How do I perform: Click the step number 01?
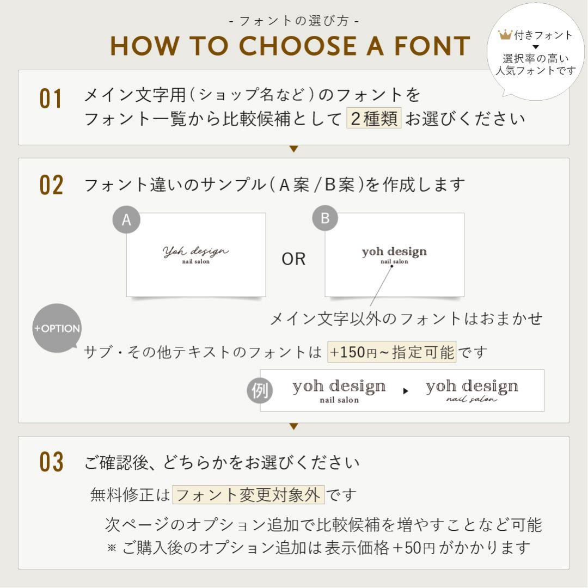(51, 99)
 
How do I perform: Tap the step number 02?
(51, 185)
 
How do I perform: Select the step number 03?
(51, 462)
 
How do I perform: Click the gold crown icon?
(505, 35)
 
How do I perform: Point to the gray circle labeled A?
(126, 219)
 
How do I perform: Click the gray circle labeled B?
(325, 218)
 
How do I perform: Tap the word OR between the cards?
(293, 259)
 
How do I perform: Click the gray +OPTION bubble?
(57, 328)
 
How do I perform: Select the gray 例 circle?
(260, 391)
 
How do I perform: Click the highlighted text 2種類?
(374, 118)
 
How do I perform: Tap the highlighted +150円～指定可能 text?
(392, 352)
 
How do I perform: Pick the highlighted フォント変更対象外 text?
(248, 495)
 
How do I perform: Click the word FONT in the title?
(432, 46)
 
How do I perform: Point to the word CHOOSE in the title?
(298, 46)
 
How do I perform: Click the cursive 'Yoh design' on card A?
(196, 251)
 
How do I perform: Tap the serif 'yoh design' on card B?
(394, 252)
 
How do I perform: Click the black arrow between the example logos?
(406, 391)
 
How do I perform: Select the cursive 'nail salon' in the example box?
(471, 400)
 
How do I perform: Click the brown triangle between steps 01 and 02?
(294, 149)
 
